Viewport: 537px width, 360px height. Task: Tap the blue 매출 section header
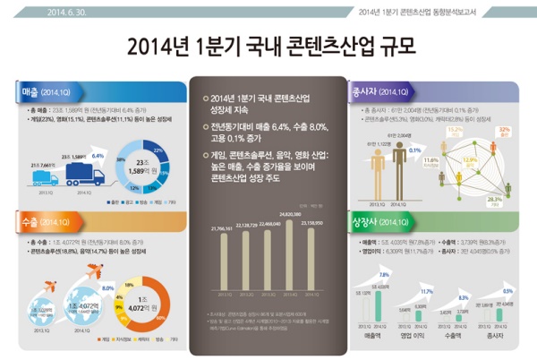(41, 90)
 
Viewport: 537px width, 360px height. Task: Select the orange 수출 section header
(41, 220)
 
